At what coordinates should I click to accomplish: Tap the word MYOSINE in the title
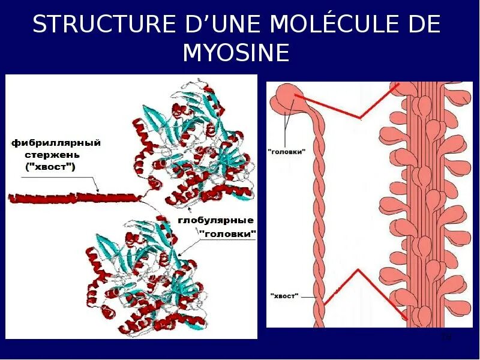pyautogui.click(x=236, y=53)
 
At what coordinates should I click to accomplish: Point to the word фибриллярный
pyautogui.click(x=55, y=143)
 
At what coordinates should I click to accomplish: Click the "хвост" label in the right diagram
pyautogui.click(x=284, y=296)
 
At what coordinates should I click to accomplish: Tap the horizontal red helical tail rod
pyautogui.click(x=72, y=197)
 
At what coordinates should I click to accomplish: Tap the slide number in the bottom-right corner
pyautogui.click(x=445, y=337)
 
